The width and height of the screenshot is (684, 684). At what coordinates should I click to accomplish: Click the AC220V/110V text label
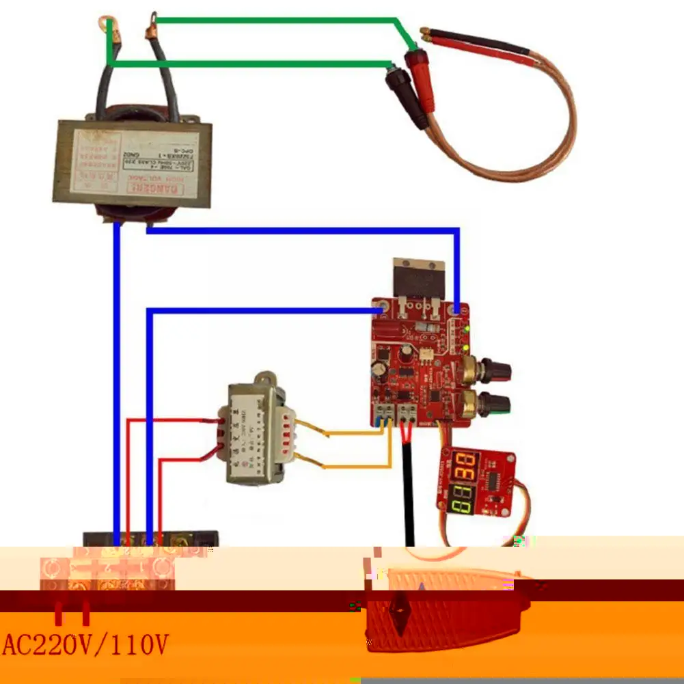(85, 644)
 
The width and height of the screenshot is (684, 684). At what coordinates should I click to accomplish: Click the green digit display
(465, 500)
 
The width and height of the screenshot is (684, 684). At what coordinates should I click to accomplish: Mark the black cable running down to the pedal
(409, 492)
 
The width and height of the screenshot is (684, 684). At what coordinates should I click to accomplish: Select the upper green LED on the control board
(466, 329)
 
